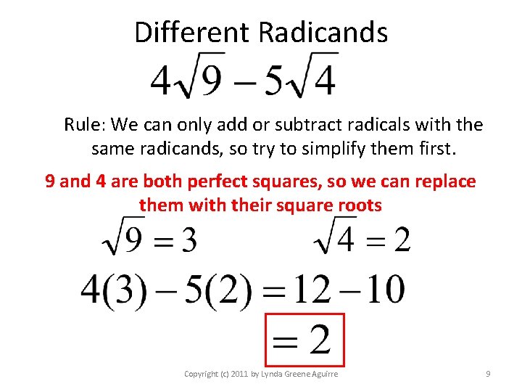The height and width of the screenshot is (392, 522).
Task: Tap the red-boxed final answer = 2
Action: tap(304, 340)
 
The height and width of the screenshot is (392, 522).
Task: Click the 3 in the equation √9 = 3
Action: tap(188, 240)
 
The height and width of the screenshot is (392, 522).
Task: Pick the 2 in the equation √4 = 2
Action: tap(402, 240)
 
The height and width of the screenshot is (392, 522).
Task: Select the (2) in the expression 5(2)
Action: tap(228, 290)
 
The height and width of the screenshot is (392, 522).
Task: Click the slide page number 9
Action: tap(488, 374)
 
